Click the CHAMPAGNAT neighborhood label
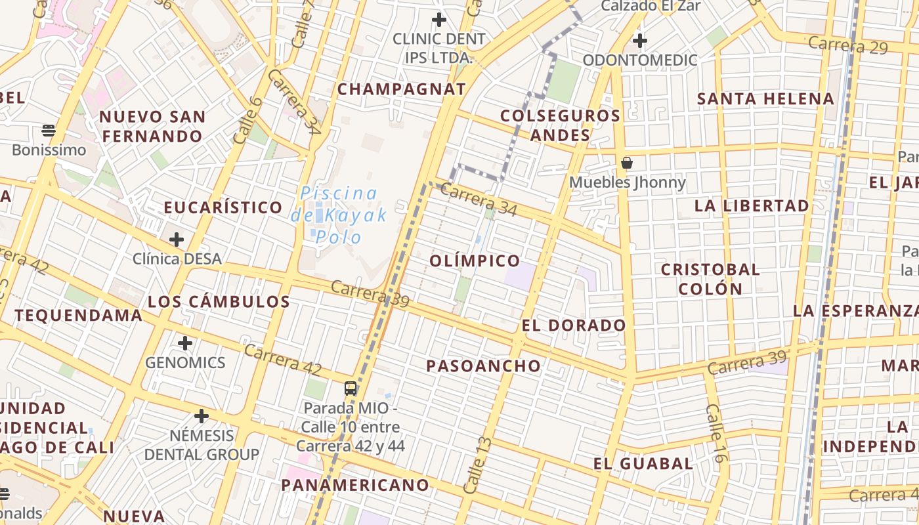pyautogui.click(x=401, y=89)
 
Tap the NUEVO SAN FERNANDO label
pyautogui.click(x=152, y=127)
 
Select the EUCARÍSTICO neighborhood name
pyautogui.click(x=223, y=207)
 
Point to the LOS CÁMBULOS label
pyautogui.click(x=219, y=302)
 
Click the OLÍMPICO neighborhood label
pyautogui.click(x=475, y=261)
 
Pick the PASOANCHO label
pyautogui.click(x=484, y=366)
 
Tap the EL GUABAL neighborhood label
pyautogui.click(x=643, y=463)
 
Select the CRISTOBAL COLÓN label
pyautogui.click(x=710, y=279)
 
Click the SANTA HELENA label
pyautogui.click(x=765, y=99)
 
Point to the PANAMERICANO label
pyautogui.click(x=355, y=485)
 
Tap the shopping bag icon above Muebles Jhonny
pyautogui.click(x=627, y=162)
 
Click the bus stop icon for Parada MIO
pyautogui.click(x=351, y=388)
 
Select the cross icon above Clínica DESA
pyautogui.click(x=176, y=240)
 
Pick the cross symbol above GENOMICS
pyautogui.click(x=185, y=343)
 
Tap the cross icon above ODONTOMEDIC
pyautogui.click(x=639, y=41)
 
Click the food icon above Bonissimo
pyautogui.click(x=49, y=130)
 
